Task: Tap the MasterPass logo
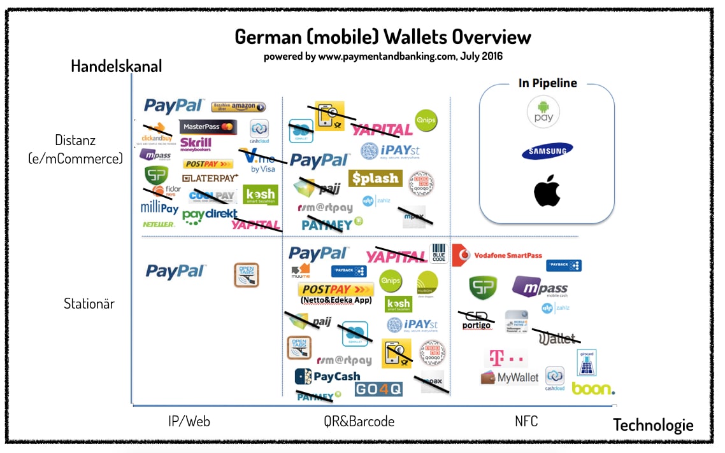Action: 208,127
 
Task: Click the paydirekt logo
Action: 210,215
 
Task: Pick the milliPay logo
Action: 159,207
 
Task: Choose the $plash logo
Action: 375,178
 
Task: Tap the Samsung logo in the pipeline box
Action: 547,151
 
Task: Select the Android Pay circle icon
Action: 543,112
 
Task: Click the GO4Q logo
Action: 378,389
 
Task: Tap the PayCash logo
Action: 328,377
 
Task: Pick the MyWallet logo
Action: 510,377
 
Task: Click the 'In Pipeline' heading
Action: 547,83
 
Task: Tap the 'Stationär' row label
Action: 89,303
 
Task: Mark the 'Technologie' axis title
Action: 653,425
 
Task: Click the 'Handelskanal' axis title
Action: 117,66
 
